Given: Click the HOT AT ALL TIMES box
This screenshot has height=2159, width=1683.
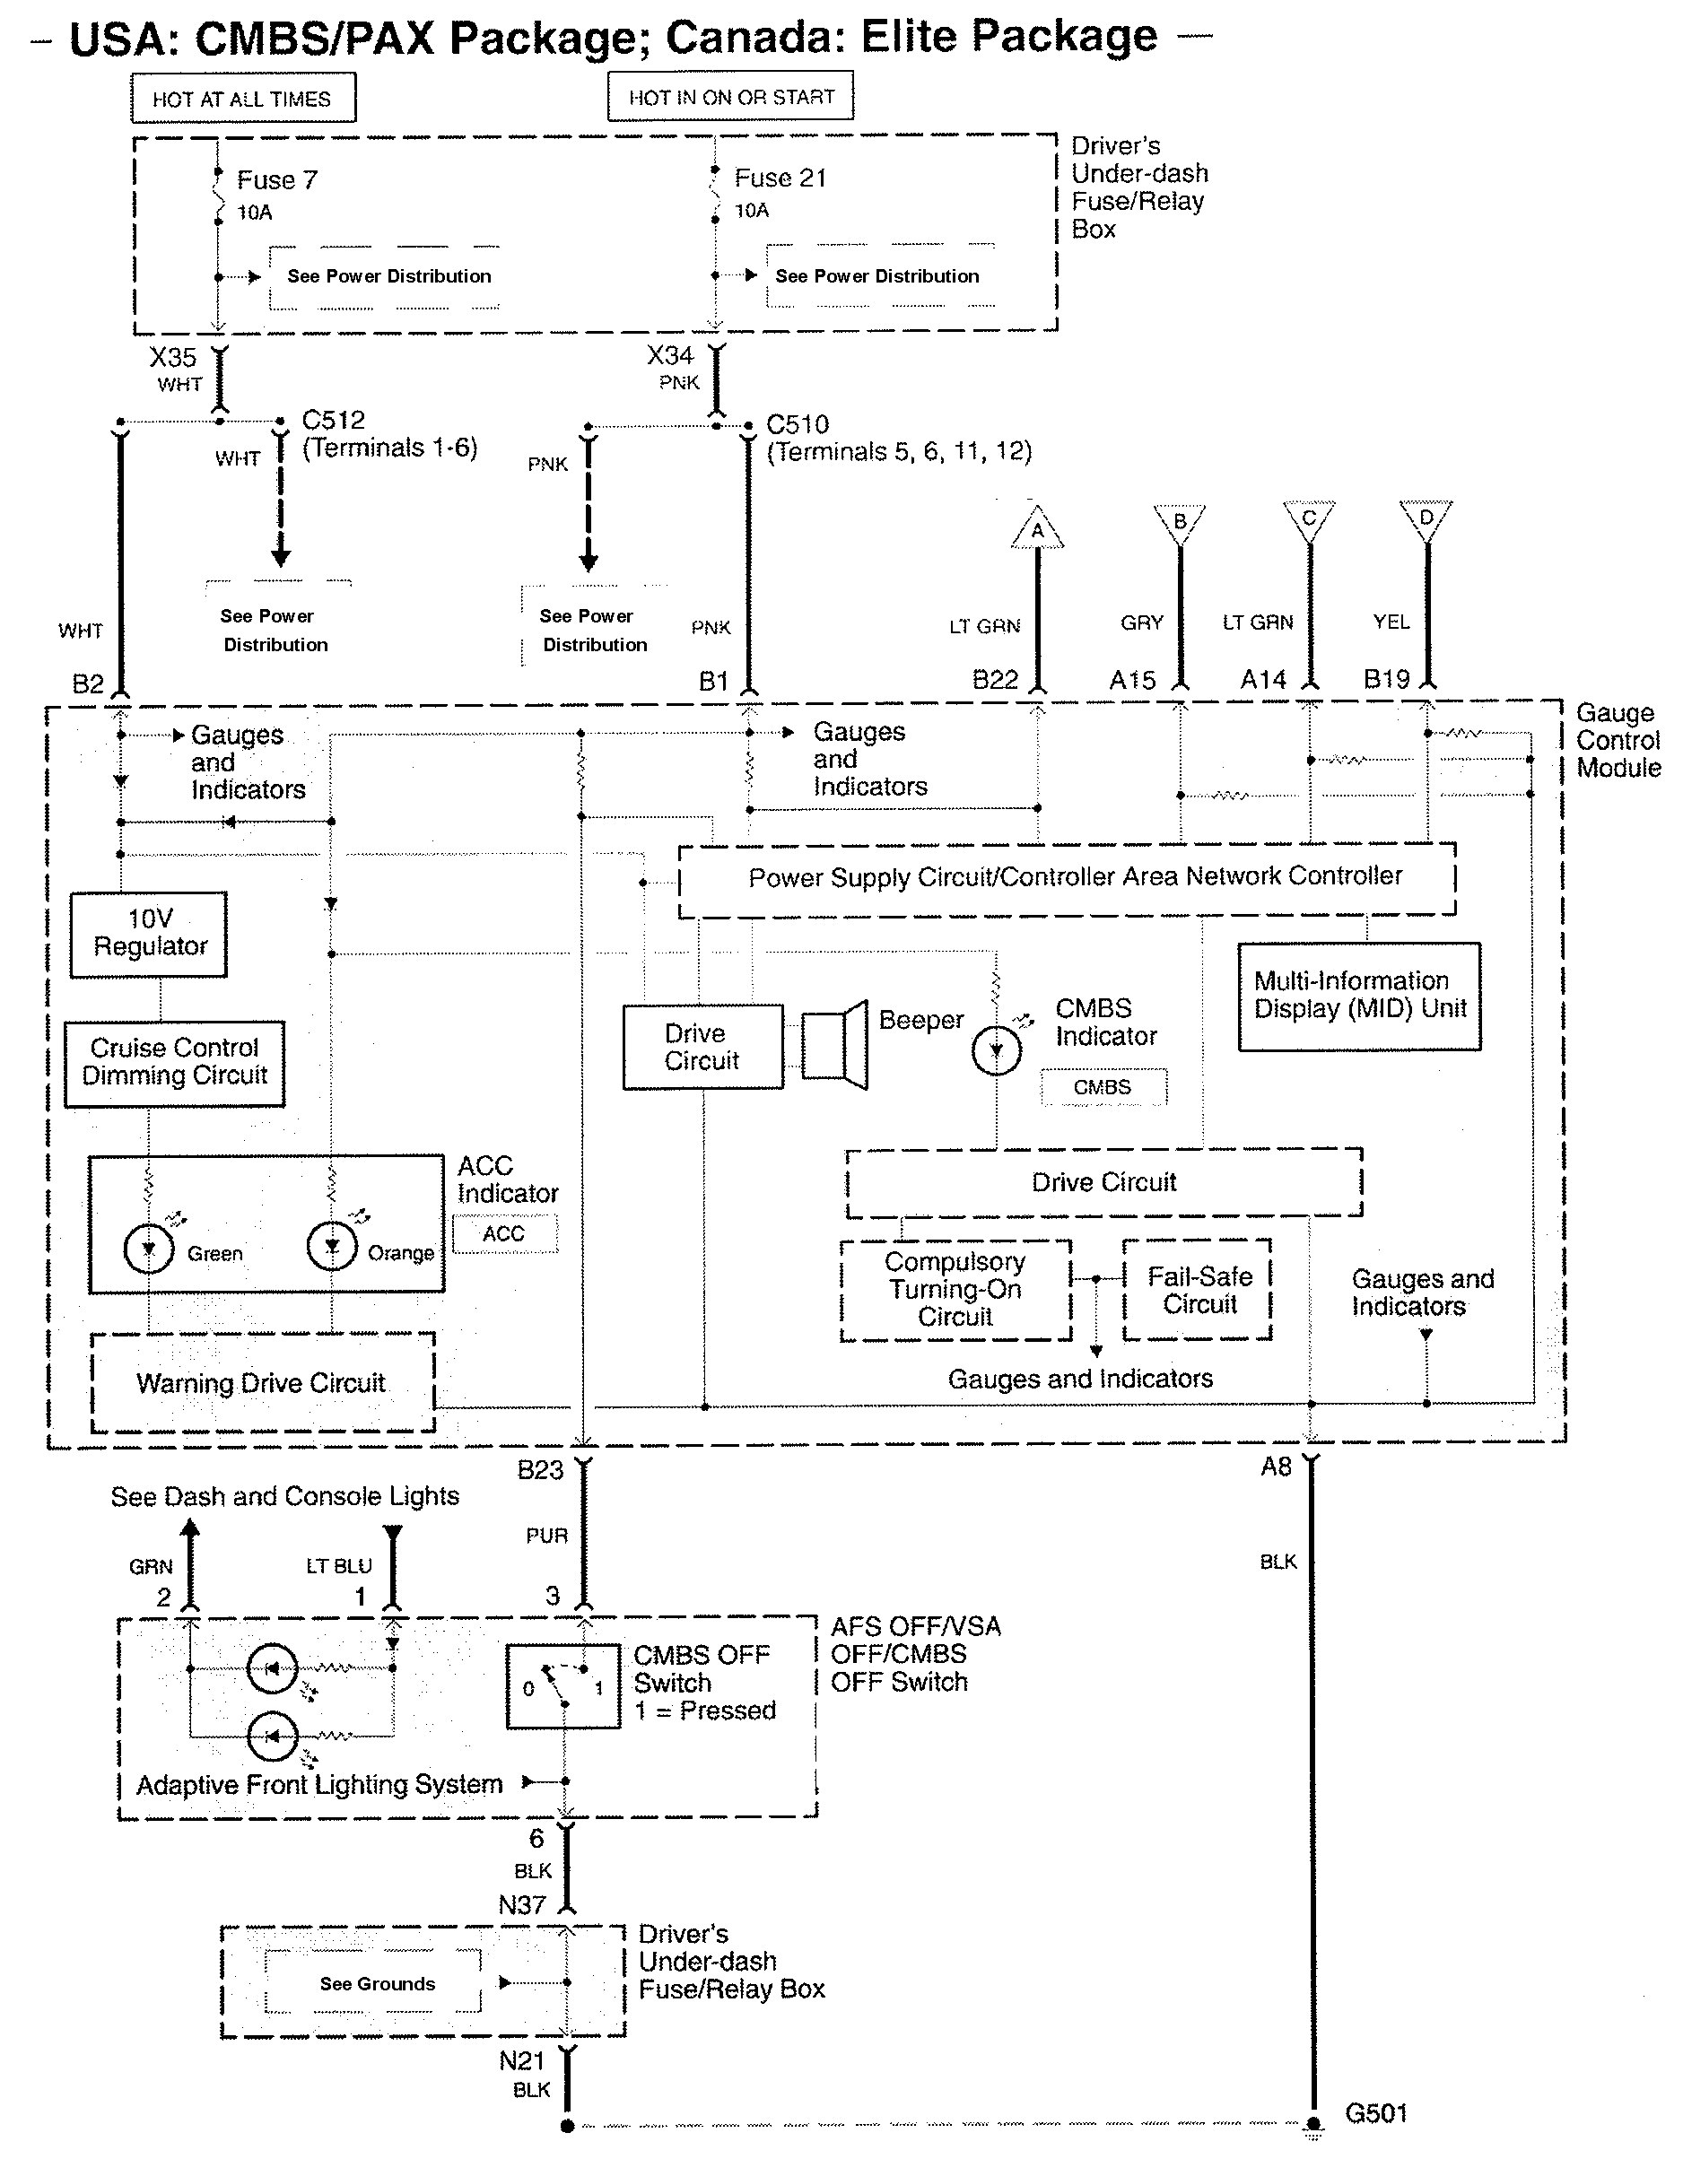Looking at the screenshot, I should point(242,98).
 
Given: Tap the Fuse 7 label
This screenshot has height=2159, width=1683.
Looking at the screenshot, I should point(277,180).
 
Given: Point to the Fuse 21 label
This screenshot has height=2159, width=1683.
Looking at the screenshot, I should point(780,178).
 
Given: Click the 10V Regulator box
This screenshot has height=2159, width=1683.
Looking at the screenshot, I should point(149,934).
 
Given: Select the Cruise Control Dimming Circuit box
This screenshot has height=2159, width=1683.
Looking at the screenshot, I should point(174,1063).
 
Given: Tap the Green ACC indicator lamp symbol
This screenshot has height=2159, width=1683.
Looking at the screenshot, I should point(148,1249).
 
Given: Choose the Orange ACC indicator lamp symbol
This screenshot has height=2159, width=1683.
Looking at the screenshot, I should point(332,1246).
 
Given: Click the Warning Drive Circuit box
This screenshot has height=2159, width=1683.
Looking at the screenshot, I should point(262,1382).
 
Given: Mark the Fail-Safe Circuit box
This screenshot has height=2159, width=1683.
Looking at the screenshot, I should point(1198,1290).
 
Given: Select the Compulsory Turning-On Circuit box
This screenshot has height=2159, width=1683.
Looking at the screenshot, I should point(955,1290).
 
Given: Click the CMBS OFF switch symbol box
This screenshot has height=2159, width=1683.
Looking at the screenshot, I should point(562,1686).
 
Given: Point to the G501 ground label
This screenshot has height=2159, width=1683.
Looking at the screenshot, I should point(1375,2113).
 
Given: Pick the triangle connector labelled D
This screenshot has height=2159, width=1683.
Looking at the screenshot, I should point(1425,519).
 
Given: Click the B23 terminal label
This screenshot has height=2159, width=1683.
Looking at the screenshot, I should point(540,1470).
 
